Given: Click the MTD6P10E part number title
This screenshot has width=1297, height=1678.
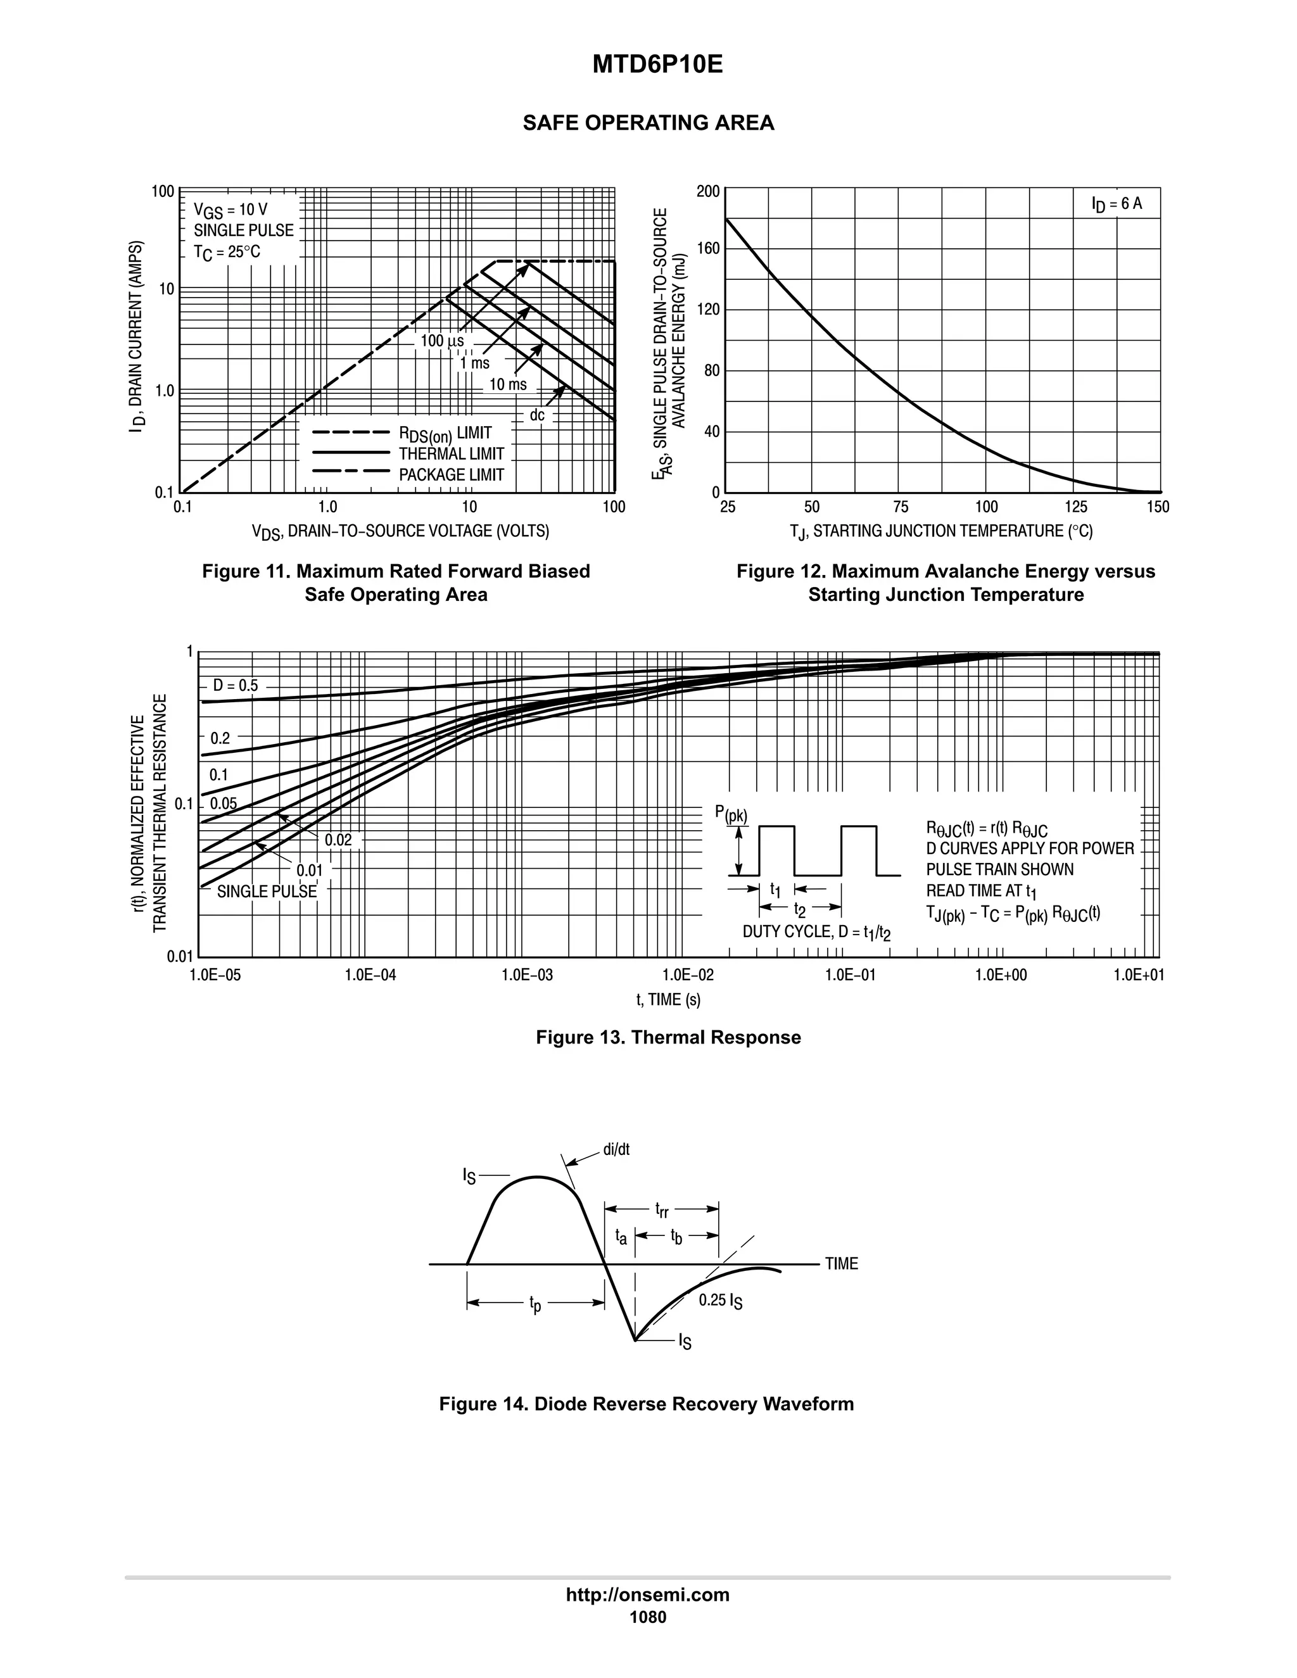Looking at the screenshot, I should click(657, 65).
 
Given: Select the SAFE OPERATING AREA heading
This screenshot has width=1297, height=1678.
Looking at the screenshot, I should click(648, 123).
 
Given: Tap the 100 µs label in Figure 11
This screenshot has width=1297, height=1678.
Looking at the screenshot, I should click(442, 341).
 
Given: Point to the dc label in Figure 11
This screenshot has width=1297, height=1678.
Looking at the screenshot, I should click(537, 415).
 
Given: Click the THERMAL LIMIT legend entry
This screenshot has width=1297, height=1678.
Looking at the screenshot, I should click(451, 454).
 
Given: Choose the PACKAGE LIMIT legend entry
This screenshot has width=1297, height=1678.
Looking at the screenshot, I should click(451, 475).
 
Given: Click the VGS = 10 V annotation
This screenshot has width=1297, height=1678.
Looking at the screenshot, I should click(231, 209).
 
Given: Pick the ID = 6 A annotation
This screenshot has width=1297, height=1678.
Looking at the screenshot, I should click(1117, 204).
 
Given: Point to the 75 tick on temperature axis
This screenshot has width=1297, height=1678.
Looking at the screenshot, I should click(901, 507).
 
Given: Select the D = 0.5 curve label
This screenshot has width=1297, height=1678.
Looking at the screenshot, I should click(235, 685).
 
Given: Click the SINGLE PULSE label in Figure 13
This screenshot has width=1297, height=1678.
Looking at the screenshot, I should click(267, 892).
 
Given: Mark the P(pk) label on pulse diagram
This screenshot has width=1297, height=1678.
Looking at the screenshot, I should click(731, 814).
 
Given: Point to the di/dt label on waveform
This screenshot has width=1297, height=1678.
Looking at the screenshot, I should click(616, 1149).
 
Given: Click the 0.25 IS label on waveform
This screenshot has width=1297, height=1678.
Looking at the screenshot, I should click(720, 1301).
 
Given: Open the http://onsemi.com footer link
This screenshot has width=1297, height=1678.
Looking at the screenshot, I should click(648, 1594).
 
